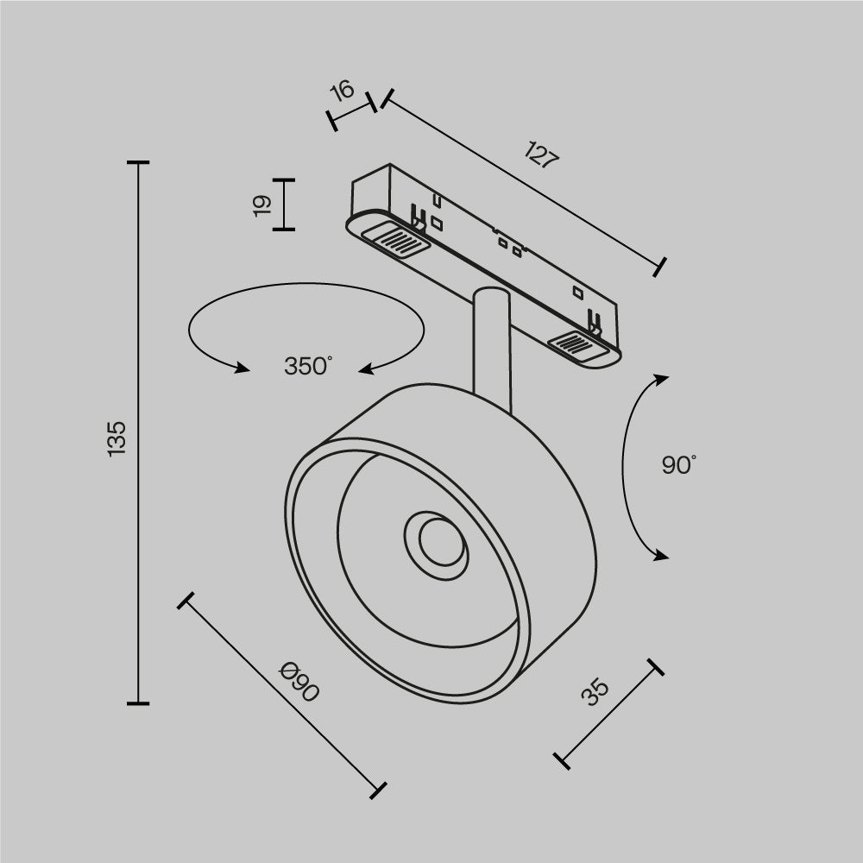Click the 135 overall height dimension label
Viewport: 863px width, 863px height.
coord(117,438)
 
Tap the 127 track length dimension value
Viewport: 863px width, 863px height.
coord(542,155)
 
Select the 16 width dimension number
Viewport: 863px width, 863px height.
coord(343,90)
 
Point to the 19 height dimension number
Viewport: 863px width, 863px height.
coord(262,205)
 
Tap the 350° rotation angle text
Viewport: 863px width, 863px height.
coord(308,366)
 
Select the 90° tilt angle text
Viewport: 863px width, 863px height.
coord(678,465)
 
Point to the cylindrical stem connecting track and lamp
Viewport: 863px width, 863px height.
coord(493,345)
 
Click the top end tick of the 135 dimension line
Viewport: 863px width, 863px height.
coord(138,162)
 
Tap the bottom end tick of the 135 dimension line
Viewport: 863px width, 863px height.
coord(138,703)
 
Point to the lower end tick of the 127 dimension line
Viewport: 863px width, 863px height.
coord(660,266)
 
